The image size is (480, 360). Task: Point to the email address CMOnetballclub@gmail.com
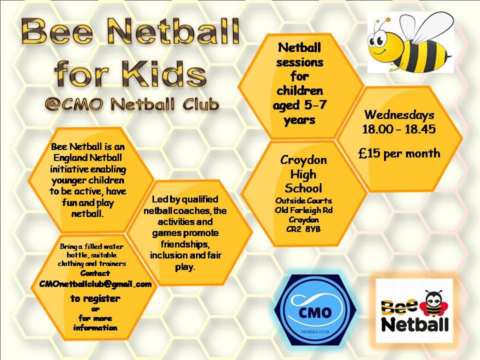[95, 284]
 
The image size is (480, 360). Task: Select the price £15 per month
[399, 153]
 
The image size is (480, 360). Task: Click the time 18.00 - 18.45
[399, 129]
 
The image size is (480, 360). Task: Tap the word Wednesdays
[399, 115]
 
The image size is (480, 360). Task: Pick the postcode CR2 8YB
[303, 229]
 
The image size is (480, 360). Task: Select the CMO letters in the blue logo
[315, 312]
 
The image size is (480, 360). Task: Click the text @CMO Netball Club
[132, 104]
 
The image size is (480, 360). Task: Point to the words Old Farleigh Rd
[303, 210]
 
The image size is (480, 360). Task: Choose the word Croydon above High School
[303, 160]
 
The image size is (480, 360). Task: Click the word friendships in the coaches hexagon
[185, 244]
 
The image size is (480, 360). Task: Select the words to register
[95, 298]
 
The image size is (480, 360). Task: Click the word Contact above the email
[95, 273]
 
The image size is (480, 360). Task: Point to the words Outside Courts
[303, 201]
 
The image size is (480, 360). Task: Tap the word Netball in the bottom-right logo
[415, 324]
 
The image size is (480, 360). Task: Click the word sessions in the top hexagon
[299, 63]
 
